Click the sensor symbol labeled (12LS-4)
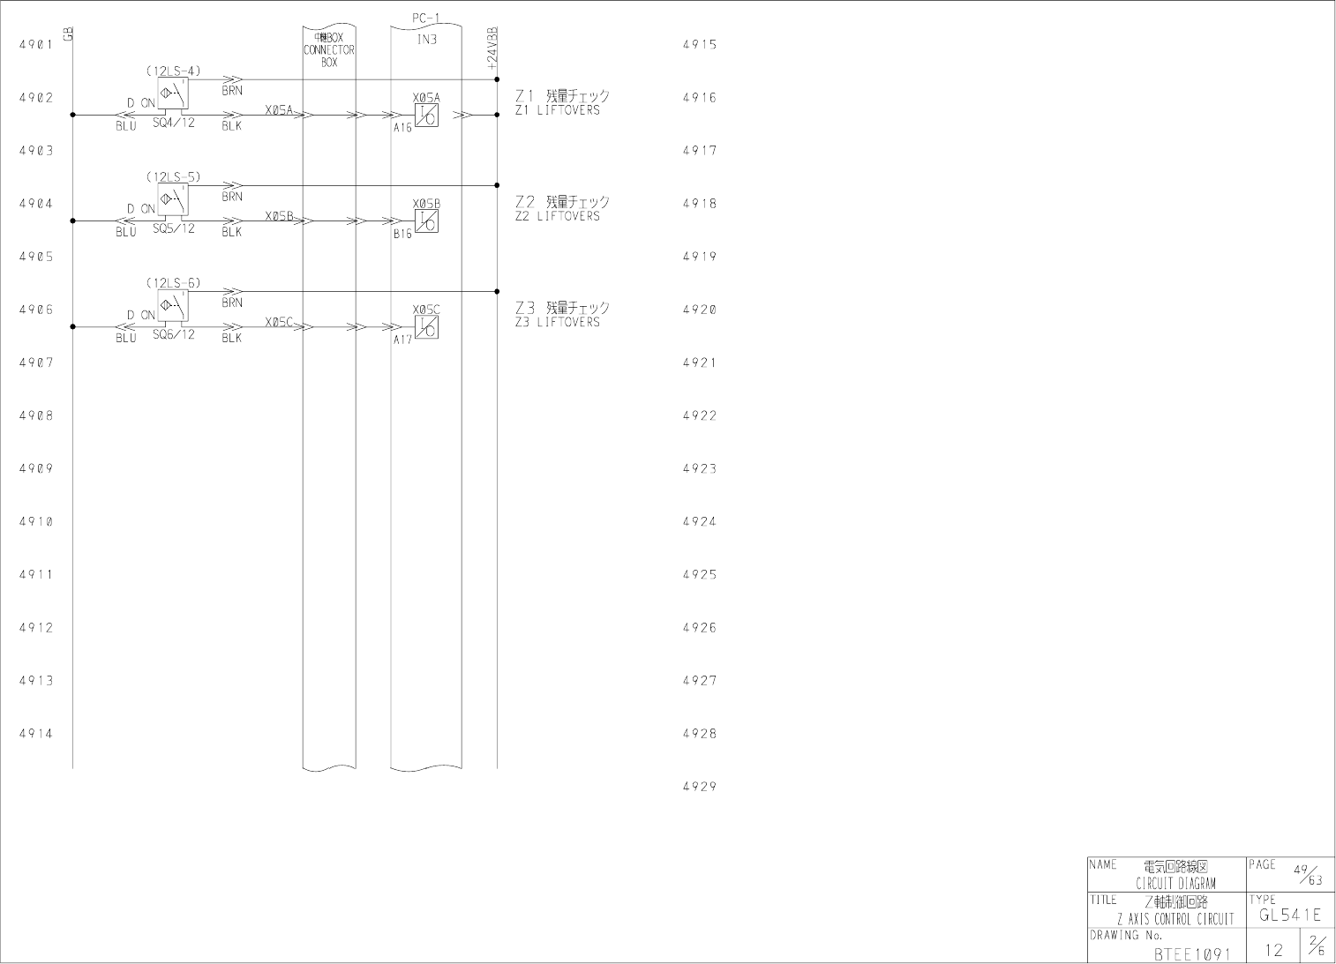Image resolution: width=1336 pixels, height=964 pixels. tap(173, 93)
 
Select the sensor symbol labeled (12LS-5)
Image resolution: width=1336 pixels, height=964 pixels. tap(173, 199)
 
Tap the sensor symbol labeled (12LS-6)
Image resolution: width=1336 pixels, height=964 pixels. tap(173, 305)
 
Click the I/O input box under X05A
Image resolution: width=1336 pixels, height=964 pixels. tap(426, 116)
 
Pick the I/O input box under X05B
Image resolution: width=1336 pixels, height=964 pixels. tap(426, 221)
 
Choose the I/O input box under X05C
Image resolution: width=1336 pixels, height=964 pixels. tap(426, 327)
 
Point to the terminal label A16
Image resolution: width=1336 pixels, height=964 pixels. tap(402, 128)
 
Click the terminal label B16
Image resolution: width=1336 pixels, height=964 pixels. tap(402, 235)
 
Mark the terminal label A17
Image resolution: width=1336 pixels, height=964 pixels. tap(402, 340)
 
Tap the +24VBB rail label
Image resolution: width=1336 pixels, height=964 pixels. tap(492, 49)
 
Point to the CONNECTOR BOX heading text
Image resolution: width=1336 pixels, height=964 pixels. tap(329, 50)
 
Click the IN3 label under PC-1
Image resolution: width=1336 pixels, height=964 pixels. tap(426, 40)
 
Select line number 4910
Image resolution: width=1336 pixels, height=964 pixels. tap(36, 522)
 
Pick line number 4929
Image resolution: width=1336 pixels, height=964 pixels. tap(700, 787)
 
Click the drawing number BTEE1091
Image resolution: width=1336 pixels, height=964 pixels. tap(1191, 953)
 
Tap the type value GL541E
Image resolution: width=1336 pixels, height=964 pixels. tap(1290, 915)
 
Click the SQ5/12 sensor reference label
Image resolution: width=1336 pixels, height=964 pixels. tap(174, 228)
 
